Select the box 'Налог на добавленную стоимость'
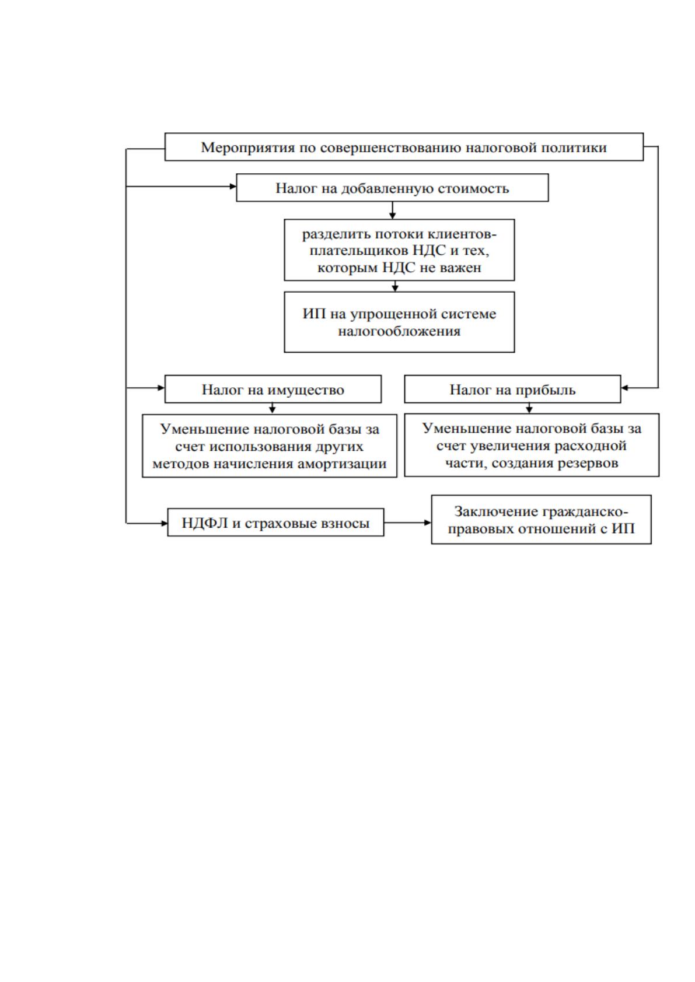coord(392,188)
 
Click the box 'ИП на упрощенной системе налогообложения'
coord(399,322)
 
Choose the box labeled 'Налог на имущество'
coord(273,389)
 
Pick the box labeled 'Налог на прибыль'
coord(512,389)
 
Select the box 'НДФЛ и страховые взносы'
coord(275,522)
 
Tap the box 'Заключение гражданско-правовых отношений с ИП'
coord(541,520)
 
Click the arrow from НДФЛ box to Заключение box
coord(408,522)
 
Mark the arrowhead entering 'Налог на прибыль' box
coord(625,388)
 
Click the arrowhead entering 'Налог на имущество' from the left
coord(161,388)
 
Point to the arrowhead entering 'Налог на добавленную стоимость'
coord(233,187)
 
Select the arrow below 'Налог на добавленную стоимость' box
coord(392,211)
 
